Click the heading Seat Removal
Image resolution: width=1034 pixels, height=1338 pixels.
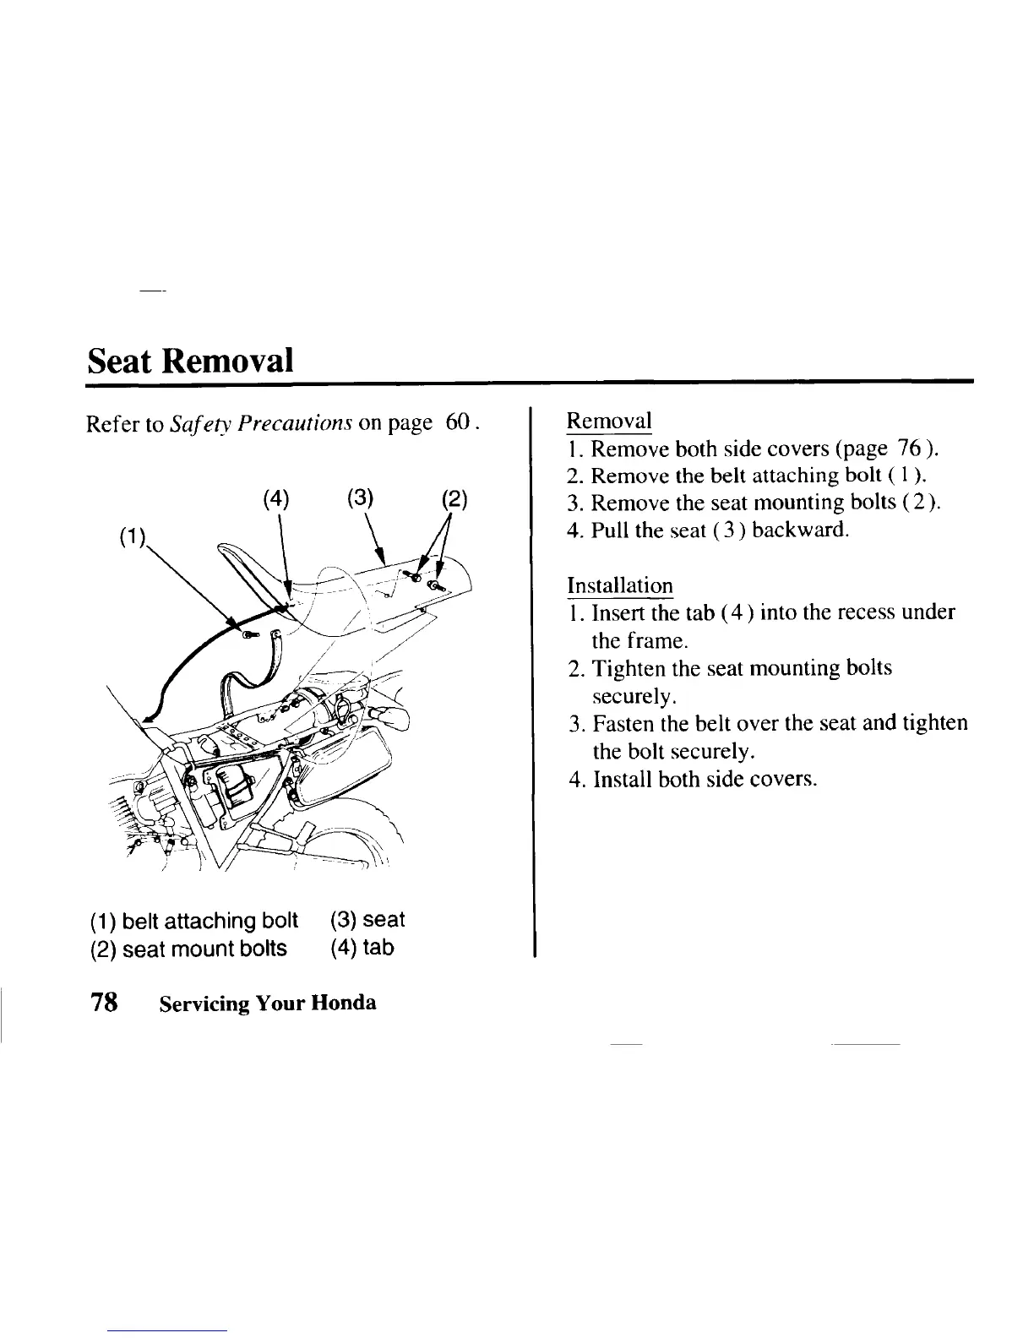click(191, 361)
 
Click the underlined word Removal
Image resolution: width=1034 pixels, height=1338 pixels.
click(608, 421)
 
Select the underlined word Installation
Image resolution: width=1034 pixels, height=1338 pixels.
click(619, 585)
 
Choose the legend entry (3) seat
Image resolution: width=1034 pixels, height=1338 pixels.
click(368, 919)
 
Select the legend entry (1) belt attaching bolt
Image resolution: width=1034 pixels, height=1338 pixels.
click(193, 919)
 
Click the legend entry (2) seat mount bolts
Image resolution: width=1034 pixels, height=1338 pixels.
click(188, 948)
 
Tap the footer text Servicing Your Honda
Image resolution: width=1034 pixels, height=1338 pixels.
click(266, 1003)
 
